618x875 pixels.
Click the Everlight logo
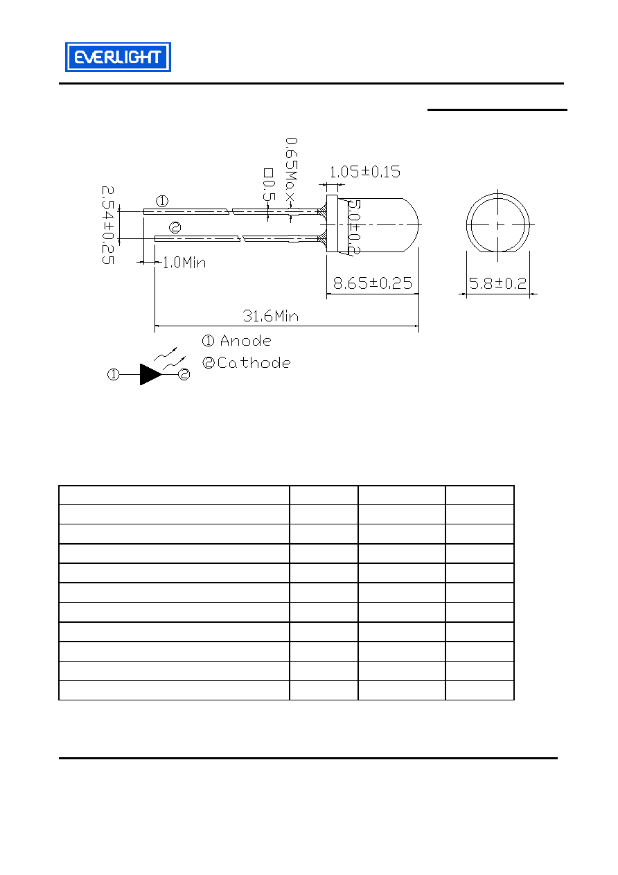[x=118, y=57]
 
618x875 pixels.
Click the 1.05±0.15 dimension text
[x=365, y=172]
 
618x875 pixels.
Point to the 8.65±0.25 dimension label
[x=372, y=283]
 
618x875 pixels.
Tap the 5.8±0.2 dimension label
[x=497, y=283]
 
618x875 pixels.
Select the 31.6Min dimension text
[x=270, y=316]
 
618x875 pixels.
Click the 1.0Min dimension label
[x=184, y=263]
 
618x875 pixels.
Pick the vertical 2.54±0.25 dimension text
[x=108, y=225]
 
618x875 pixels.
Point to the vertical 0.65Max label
[x=291, y=170]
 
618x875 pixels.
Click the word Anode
[x=246, y=341]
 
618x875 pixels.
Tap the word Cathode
[x=254, y=363]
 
